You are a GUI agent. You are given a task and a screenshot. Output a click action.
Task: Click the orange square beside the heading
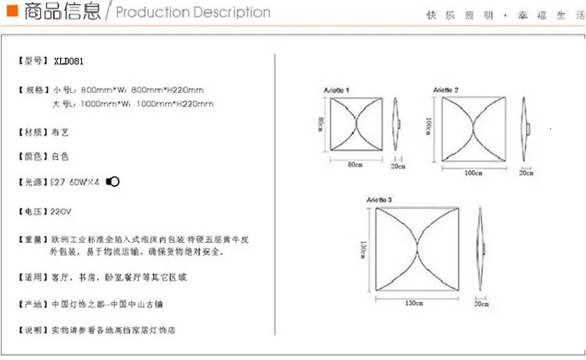[10, 12]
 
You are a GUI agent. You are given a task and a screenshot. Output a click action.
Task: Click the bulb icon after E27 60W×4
[113, 182]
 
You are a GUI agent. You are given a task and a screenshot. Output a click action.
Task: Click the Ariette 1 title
[337, 91]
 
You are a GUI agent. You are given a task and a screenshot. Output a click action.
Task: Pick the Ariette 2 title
[446, 91]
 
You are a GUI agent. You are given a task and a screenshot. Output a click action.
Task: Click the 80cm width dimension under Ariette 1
[356, 164]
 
